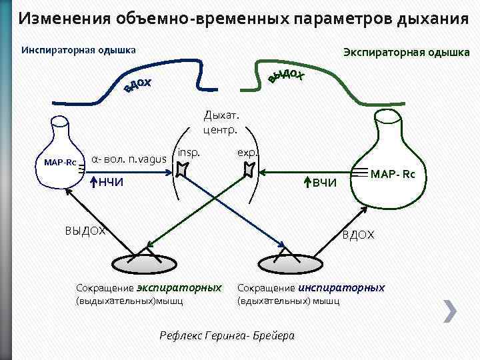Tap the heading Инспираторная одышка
point(79,50)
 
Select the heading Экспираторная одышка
point(406,52)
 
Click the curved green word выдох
point(287,75)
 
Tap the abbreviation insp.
point(189,152)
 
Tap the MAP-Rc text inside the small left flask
point(60,163)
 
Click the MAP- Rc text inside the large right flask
point(393,175)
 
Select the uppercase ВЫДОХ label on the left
point(85,231)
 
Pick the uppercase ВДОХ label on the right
point(358,235)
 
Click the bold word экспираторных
point(179,288)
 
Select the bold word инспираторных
point(341,288)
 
